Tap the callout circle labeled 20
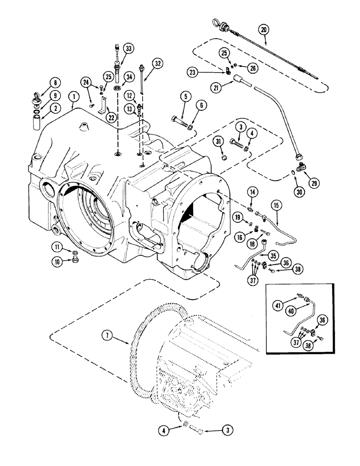[x=264, y=30]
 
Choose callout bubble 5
[x=186, y=97]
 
